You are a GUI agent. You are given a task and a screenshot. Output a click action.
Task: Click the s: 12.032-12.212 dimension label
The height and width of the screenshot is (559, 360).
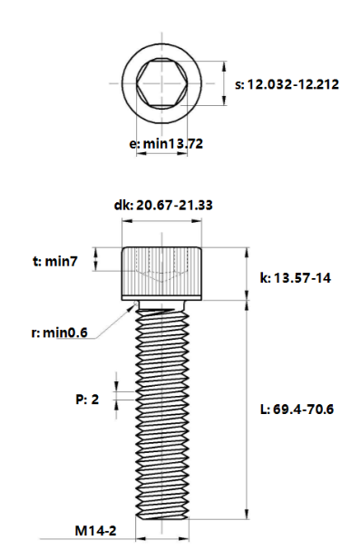click(x=287, y=84)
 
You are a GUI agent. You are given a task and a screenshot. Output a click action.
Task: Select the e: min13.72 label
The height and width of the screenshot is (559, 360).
click(x=166, y=144)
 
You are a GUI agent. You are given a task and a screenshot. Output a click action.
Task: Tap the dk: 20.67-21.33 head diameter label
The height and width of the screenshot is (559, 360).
click(x=163, y=206)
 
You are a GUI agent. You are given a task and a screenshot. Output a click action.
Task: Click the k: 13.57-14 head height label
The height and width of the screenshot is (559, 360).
click(x=295, y=278)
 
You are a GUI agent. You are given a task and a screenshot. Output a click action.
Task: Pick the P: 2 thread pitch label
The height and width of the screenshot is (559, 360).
click(x=86, y=399)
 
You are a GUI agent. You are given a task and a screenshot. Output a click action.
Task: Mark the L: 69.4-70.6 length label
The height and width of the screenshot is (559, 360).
click(x=297, y=410)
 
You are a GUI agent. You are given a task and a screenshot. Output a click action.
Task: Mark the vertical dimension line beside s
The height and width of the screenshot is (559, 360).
click(x=224, y=84)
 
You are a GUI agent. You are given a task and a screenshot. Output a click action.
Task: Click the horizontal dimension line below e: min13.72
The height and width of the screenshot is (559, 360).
click(x=163, y=154)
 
